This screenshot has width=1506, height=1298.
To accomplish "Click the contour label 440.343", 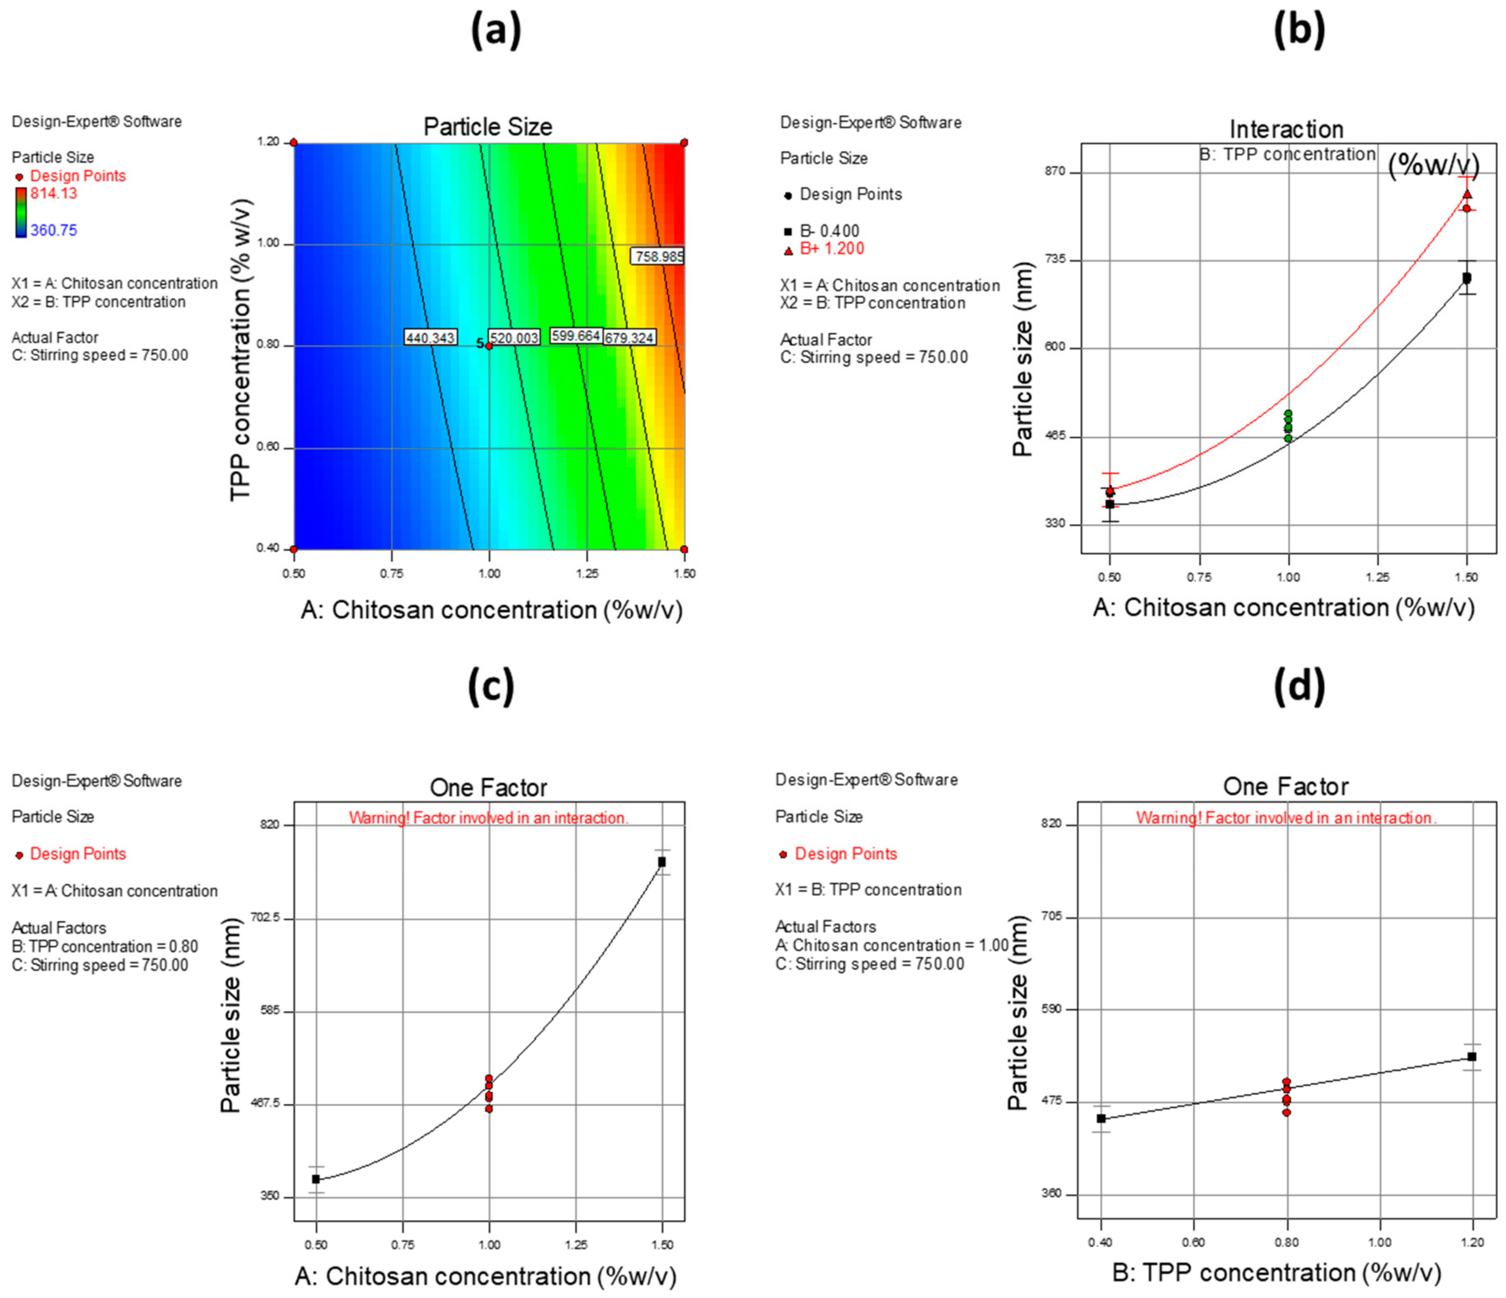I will pyautogui.click(x=430, y=337).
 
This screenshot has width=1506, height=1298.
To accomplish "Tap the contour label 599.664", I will pyautogui.click(x=576, y=335).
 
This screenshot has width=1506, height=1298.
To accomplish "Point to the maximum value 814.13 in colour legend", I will pyautogui.click(x=54, y=193).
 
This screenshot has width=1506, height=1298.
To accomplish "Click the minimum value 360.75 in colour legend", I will pyautogui.click(x=54, y=231).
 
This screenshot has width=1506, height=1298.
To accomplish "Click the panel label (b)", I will pyautogui.click(x=1299, y=31).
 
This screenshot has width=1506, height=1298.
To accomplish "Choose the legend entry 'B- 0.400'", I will pyautogui.click(x=829, y=231).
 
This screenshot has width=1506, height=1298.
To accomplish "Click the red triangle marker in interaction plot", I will pyautogui.click(x=1467, y=194).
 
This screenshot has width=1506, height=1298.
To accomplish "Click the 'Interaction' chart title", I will pyautogui.click(x=1286, y=129).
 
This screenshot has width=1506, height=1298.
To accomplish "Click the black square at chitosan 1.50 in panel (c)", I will pyautogui.click(x=662, y=862).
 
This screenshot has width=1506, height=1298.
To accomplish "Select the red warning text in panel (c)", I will pyautogui.click(x=488, y=818).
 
